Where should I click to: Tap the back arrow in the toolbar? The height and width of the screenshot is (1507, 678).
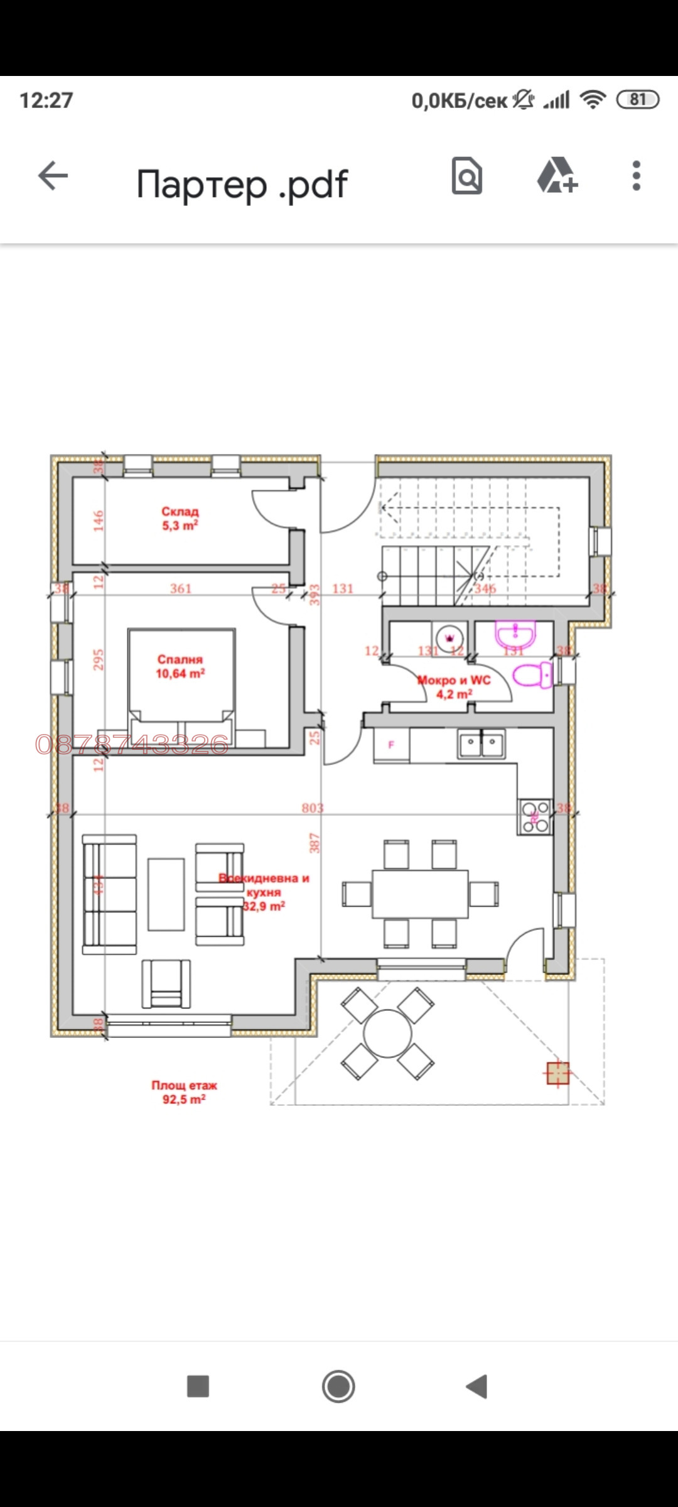[53, 175]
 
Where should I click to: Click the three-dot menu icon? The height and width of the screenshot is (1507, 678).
[636, 175]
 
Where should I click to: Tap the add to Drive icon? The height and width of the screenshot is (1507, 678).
[557, 175]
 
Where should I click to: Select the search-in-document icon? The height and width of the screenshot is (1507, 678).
[467, 175]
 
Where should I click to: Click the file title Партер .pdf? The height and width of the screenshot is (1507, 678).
[242, 184]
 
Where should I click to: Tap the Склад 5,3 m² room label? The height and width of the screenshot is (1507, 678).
[180, 519]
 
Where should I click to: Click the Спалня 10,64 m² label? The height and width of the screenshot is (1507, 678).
[180, 666]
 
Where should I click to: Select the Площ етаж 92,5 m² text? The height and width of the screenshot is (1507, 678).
[184, 1092]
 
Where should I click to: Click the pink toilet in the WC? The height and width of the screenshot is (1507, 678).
[532, 676]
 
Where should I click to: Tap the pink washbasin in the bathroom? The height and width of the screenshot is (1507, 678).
[515, 634]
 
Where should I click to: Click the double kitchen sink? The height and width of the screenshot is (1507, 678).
[482, 745]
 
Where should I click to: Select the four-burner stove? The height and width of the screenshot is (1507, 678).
[535, 816]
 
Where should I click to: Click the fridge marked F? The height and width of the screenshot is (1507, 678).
[392, 745]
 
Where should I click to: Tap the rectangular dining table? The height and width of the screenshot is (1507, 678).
[420, 894]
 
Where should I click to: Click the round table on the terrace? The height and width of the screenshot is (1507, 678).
[387, 1033]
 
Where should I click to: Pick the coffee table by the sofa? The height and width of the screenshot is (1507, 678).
[166, 894]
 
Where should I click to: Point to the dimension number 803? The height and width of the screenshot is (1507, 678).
[312, 808]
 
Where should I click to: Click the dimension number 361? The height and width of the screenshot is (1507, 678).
[181, 588]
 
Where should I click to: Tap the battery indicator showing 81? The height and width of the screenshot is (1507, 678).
[638, 99]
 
